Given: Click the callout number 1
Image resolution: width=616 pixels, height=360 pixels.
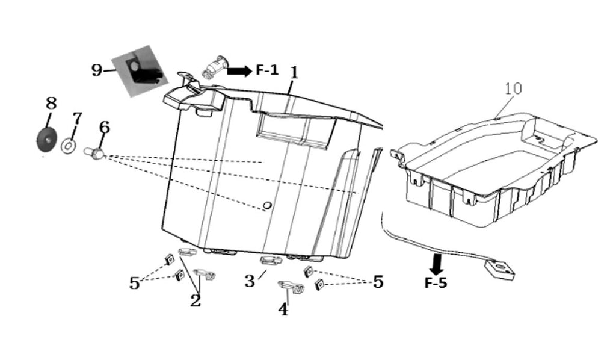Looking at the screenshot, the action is [294, 73].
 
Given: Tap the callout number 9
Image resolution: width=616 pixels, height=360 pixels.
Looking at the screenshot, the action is [97, 70].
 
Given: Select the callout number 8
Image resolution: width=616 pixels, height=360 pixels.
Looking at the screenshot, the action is [51, 104].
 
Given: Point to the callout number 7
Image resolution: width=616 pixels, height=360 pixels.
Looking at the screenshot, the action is [78, 119].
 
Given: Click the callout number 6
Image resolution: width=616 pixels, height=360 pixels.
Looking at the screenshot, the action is [105, 128].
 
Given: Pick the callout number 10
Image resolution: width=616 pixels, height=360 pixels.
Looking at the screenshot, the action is [513, 88].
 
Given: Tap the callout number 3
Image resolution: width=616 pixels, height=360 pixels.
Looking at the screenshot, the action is [250, 281].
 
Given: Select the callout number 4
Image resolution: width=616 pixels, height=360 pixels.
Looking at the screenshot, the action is [283, 309].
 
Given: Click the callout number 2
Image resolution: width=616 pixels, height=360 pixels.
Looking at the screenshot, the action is [196, 301].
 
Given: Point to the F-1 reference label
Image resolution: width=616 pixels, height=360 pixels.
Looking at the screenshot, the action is [267, 70].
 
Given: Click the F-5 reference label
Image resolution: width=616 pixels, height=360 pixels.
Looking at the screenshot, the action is [436, 282].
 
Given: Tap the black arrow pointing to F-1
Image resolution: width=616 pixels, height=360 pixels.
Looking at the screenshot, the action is [239, 71].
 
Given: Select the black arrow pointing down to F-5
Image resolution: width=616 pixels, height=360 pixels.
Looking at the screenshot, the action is [437, 264].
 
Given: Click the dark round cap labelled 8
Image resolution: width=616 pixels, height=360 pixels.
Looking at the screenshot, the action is [46, 140].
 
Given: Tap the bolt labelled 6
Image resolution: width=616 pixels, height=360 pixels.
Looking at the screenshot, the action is [94, 152].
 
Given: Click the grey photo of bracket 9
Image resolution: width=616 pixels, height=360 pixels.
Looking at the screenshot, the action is [140, 71].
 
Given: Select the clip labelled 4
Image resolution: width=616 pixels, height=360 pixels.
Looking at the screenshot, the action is [291, 287].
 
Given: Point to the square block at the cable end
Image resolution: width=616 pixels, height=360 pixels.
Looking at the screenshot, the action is [500, 270].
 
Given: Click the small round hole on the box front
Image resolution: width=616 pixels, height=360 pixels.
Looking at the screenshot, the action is [266, 205].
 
